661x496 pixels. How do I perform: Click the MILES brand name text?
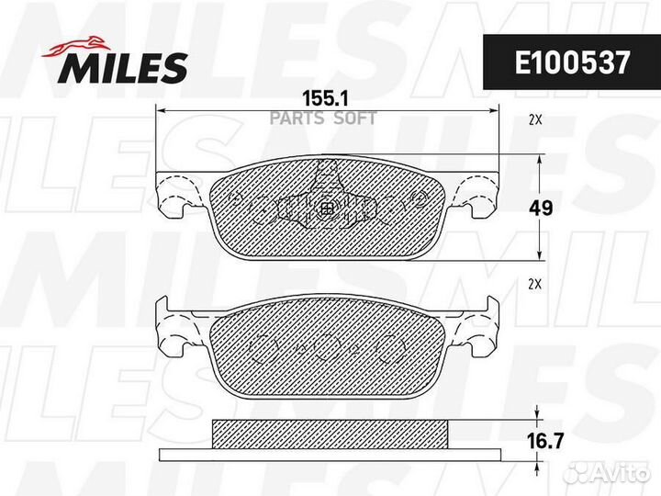[125, 66]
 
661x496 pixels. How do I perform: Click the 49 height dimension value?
[542, 209]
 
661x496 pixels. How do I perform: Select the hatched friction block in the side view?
[329, 431]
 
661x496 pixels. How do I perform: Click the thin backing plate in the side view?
[329, 455]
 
